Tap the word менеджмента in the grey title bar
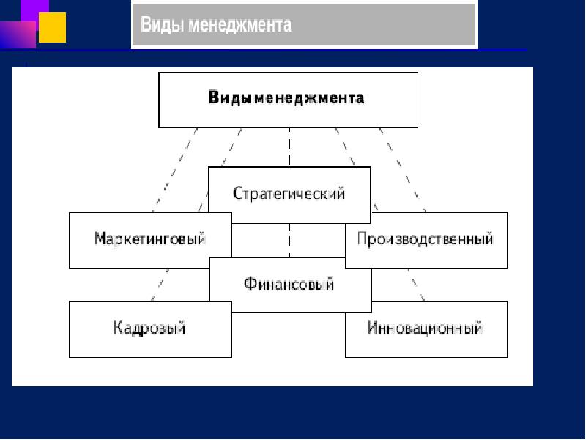(x=240, y=26)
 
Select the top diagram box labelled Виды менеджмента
(x=288, y=99)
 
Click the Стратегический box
(x=289, y=194)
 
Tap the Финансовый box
(x=290, y=282)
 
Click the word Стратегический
(x=289, y=194)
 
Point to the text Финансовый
(x=290, y=283)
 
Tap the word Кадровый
(x=149, y=328)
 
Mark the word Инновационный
(x=425, y=328)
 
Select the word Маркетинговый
(x=149, y=239)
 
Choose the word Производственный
(x=425, y=239)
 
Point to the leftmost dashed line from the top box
(x=176, y=169)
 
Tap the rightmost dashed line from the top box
(x=403, y=169)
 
